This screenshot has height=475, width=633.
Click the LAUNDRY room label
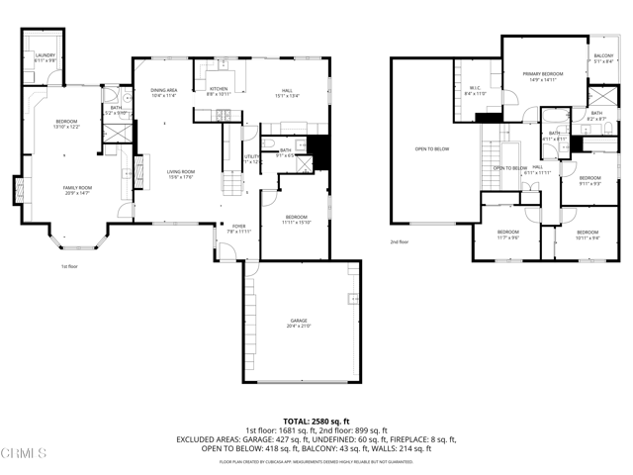pos(45,57)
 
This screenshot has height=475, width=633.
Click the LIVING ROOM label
pos(180,174)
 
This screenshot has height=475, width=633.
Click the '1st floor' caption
pos(68,266)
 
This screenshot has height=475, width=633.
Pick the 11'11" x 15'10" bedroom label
pos(298,219)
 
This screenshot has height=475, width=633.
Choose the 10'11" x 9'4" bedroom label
pos(588,236)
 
